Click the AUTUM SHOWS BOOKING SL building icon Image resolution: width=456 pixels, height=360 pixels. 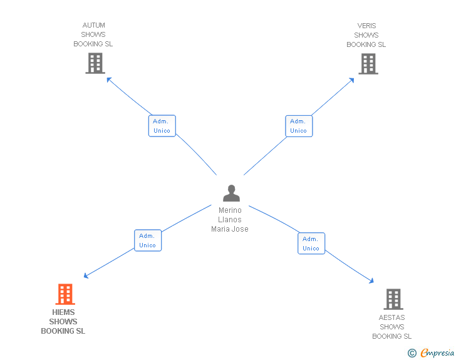(95, 63)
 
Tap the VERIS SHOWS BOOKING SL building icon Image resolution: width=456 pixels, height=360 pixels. (368, 63)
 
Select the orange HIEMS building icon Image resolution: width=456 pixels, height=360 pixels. (65, 294)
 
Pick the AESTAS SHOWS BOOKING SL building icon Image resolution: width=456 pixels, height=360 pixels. (393, 299)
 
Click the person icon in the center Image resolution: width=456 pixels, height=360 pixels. (231, 193)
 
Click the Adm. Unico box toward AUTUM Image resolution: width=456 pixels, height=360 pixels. (162, 126)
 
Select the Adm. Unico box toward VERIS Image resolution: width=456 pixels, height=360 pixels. (298, 126)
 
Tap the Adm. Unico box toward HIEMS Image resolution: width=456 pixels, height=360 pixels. (148, 240)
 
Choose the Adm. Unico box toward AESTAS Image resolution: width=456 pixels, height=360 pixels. (311, 244)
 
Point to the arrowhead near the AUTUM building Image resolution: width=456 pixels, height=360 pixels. (109, 79)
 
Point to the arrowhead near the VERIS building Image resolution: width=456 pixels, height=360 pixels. (353, 80)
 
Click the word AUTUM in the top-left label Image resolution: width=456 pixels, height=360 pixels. (93, 26)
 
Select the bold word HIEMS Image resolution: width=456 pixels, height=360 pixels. (63, 312)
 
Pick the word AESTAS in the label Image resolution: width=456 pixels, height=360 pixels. (391, 317)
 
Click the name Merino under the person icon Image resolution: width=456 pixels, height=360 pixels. (230, 210)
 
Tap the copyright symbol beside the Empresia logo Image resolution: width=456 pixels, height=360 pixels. (412, 353)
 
